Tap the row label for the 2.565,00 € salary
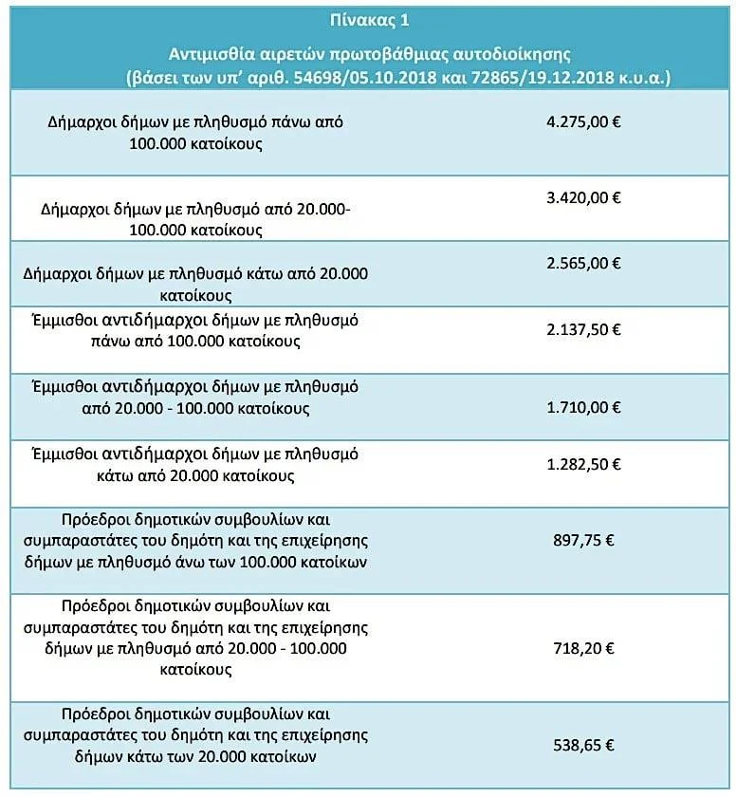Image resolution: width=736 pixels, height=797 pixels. tap(195, 284)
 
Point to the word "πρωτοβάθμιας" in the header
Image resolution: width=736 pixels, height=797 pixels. tap(387, 54)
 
